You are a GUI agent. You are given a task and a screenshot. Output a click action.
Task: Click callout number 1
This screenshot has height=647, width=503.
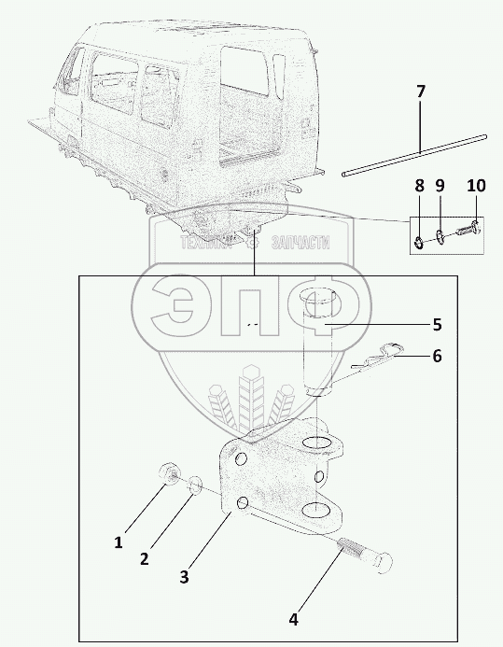pyautogui.click(x=119, y=542)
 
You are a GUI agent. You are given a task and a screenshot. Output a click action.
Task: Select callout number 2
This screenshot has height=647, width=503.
pyautogui.click(x=144, y=559)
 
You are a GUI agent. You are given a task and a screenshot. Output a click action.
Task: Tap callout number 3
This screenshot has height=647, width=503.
pyautogui.click(x=184, y=576)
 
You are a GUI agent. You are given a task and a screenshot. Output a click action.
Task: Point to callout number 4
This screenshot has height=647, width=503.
pyautogui.click(x=293, y=619)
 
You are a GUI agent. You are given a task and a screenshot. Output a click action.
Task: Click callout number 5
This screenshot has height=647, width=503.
pyautogui.click(x=437, y=325)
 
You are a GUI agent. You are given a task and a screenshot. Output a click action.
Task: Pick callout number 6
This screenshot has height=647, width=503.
pyautogui.click(x=437, y=356)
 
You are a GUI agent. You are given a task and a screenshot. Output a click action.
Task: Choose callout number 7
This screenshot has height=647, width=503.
pyautogui.click(x=420, y=91)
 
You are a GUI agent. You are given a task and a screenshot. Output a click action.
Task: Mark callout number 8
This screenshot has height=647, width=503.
pyautogui.click(x=419, y=186)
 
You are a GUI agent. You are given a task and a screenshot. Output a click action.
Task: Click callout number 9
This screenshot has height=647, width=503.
pyautogui.click(x=440, y=186)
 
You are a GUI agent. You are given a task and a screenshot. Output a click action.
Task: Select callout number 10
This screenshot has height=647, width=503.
pyautogui.click(x=476, y=186)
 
